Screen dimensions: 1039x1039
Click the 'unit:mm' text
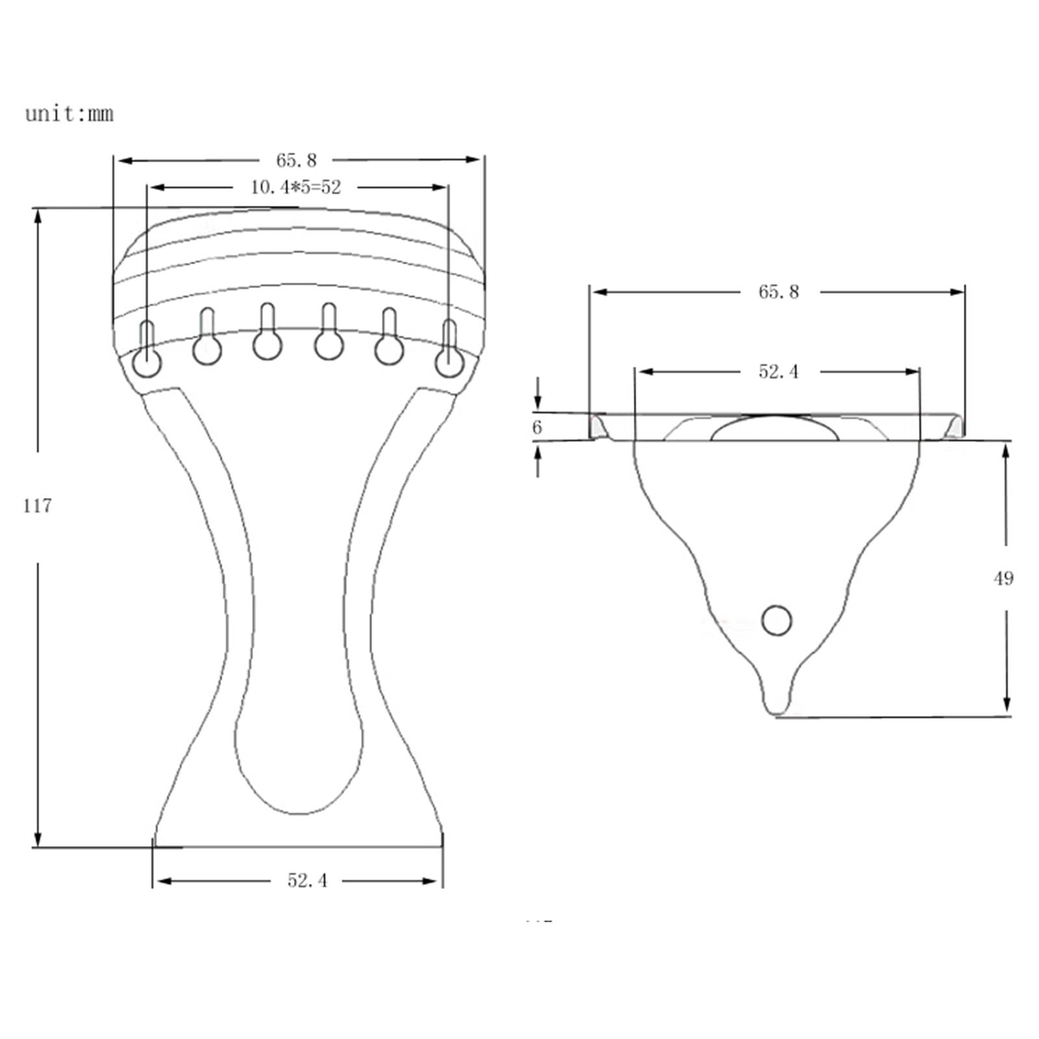coord(69,114)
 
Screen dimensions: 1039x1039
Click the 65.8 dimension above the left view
coord(296,160)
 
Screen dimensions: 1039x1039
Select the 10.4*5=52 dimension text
coord(295,188)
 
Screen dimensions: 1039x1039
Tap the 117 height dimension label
coord(37,506)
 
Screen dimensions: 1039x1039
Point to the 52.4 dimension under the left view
coord(307,881)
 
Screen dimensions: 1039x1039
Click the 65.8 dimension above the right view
coord(779,292)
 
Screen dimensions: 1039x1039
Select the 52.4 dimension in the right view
coord(779,371)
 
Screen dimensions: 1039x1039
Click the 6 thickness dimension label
coord(537,427)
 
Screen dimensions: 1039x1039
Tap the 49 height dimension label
coord(1003,578)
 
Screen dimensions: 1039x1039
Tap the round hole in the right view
coord(776,620)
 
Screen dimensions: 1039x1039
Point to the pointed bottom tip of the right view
coord(777,709)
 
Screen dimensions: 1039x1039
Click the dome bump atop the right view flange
coord(775,429)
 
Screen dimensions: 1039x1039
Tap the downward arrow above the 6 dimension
coord(538,403)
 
